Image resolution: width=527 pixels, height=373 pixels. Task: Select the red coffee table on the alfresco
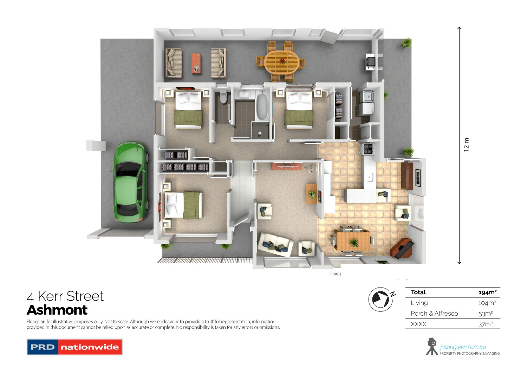pos(196,63)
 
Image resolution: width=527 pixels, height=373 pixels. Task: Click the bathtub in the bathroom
pos(262,106)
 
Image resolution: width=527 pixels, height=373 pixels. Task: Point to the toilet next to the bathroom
pos(223,97)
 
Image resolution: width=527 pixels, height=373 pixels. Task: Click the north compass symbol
pos(381,299)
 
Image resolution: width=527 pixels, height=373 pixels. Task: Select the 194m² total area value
pos(487,292)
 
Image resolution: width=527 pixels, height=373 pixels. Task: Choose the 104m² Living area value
pos(487,303)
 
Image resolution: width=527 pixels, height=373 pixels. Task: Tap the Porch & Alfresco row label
pos(434,314)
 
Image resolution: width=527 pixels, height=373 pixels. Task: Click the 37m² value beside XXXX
pos(486,324)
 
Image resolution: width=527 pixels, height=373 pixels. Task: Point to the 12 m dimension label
pos(467,145)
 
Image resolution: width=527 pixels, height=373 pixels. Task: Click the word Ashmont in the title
pos(57,310)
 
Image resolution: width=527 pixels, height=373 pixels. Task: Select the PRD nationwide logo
pos(74,347)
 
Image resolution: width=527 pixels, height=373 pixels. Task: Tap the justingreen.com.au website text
pos(463,347)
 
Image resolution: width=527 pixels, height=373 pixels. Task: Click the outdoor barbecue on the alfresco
pos(370,62)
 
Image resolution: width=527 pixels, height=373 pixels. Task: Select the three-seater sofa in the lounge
pos(275,244)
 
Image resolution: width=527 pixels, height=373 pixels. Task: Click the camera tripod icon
pos(432,347)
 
